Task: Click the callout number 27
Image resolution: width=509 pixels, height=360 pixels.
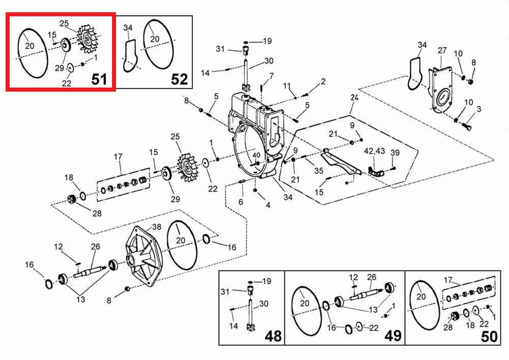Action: point(442,50)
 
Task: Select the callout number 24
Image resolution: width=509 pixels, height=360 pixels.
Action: point(354,97)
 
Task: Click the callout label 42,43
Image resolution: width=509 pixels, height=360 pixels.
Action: point(374,152)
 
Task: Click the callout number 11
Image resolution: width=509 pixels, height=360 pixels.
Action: point(287,85)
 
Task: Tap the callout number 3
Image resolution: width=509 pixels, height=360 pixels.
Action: point(479,109)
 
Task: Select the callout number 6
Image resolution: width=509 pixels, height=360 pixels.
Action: point(241,202)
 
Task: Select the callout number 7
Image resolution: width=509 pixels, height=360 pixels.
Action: point(271,76)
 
